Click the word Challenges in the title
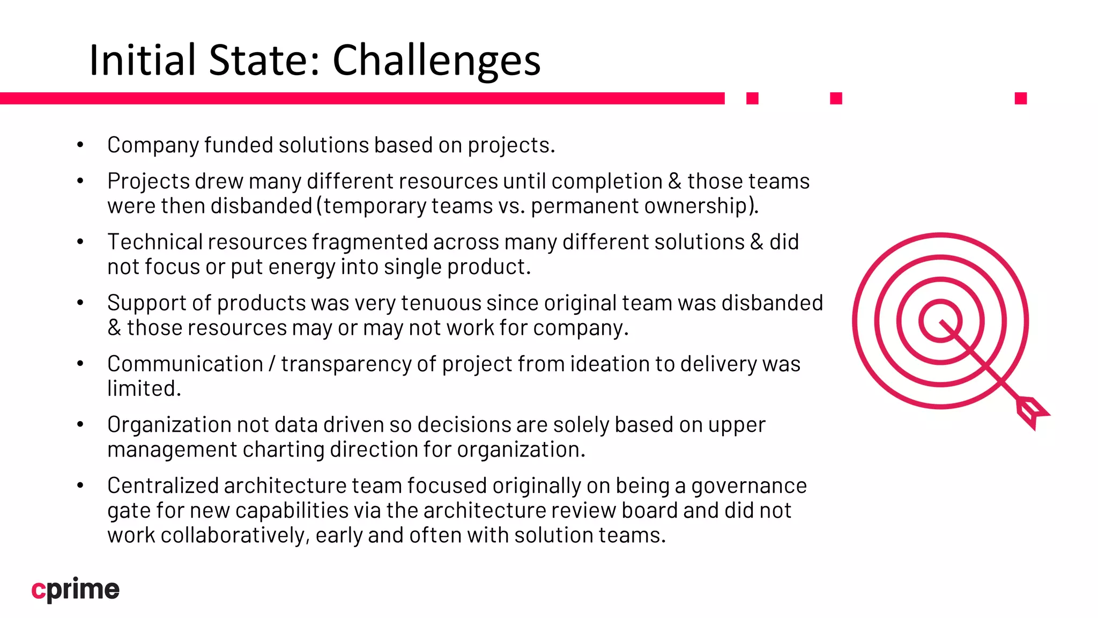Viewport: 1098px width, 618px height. tap(436, 60)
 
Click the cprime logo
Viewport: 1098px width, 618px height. tap(76, 590)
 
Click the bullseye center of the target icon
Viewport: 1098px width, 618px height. tap(940, 321)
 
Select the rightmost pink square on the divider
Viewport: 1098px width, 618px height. tap(1020, 98)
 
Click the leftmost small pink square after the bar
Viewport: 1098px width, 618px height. tap(752, 98)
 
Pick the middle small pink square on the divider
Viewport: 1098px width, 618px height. tap(836, 98)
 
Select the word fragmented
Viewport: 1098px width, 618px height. tap(370, 242)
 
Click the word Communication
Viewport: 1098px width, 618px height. tap(185, 364)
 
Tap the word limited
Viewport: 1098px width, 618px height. tap(144, 389)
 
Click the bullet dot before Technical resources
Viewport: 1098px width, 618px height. tap(80, 242)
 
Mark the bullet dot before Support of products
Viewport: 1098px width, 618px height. tap(80, 303)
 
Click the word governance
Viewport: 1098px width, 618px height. tap(749, 486)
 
